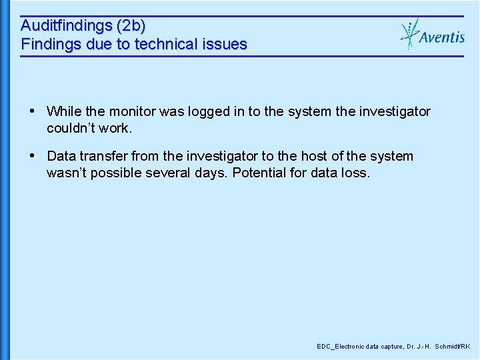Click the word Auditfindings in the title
click(x=66, y=27)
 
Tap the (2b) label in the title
click(x=131, y=27)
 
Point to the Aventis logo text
click(x=442, y=37)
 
